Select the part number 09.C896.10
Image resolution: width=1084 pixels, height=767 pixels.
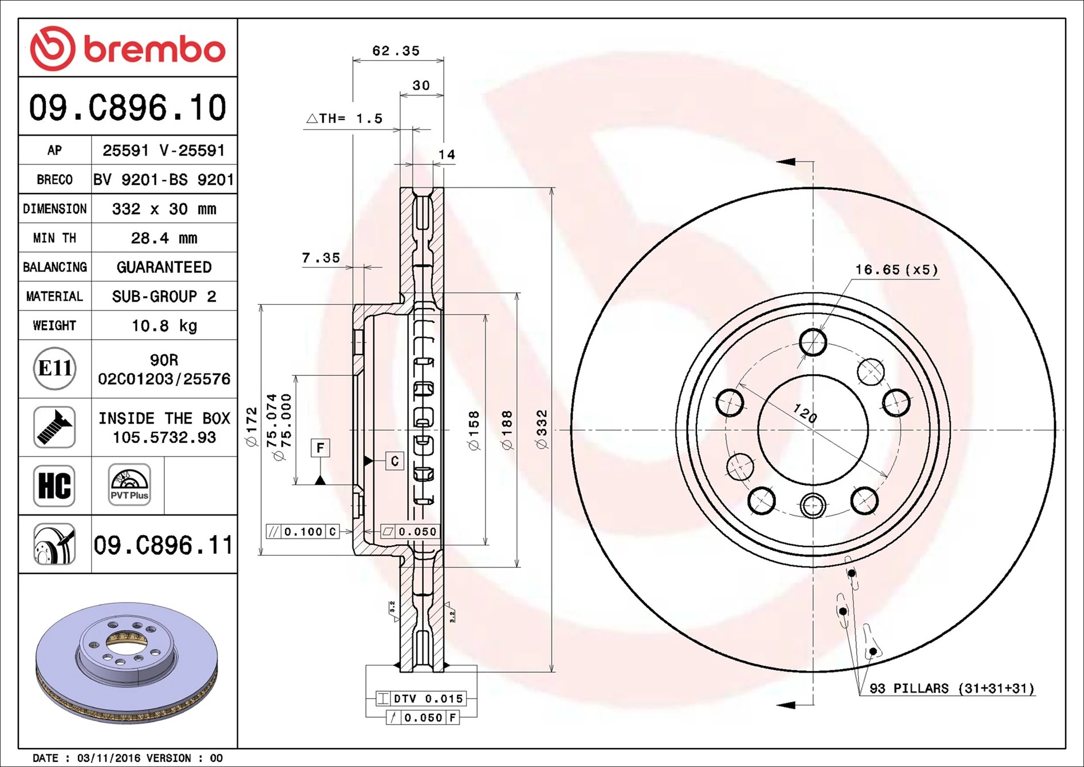pyautogui.click(x=128, y=108)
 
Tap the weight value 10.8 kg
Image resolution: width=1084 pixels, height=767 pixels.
pyautogui.click(x=164, y=326)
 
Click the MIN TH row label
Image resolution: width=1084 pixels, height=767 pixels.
pyautogui.click(x=54, y=238)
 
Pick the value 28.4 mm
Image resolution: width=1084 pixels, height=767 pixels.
pyautogui.click(x=164, y=238)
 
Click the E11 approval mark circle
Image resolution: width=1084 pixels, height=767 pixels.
pyautogui.click(x=54, y=368)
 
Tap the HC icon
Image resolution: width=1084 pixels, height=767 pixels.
pyautogui.click(x=54, y=486)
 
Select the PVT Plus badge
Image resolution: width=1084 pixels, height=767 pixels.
pyautogui.click(x=129, y=485)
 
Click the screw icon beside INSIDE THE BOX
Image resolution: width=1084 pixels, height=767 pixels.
pyautogui.click(x=54, y=427)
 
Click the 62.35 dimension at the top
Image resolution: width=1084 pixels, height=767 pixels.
pyautogui.click(x=396, y=51)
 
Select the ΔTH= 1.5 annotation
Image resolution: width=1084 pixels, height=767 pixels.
pyautogui.click(x=345, y=119)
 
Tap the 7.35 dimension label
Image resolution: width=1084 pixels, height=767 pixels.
pyautogui.click(x=321, y=258)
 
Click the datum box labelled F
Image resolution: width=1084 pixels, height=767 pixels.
pyautogui.click(x=320, y=447)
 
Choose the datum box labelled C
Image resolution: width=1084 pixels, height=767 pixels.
pyautogui.click(x=395, y=461)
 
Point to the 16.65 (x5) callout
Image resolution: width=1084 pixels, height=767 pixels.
pyautogui.click(x=896, y=269)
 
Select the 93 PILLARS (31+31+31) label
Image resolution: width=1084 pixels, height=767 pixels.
pyautogui.click(x=951, y=689)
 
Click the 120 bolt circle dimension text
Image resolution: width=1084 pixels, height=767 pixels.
pyautogui.click(x=805, y=412)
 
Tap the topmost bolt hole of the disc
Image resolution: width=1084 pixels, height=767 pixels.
pyautogui.click(x=813, y=343)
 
